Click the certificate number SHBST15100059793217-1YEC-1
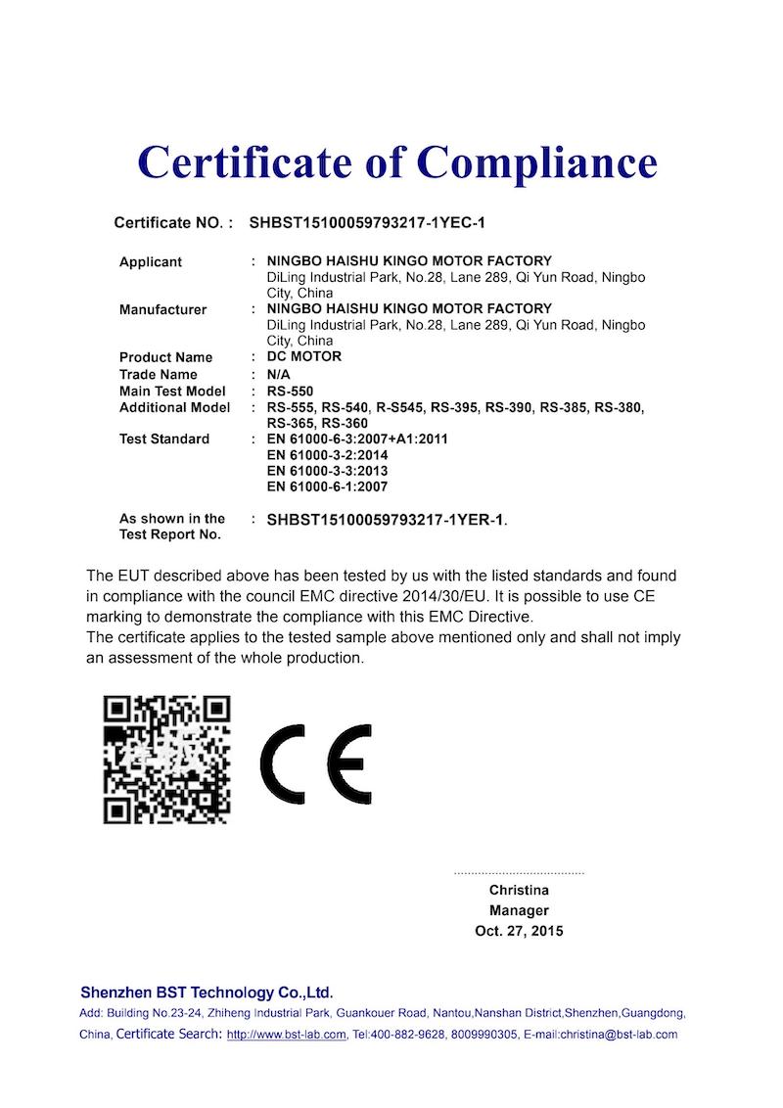[367, 222]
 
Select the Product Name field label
[165, 357]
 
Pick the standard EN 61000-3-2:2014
[327, 455]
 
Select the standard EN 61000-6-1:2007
[327, 486]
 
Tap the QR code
[167, 759]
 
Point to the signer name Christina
[519, 890]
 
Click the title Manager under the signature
[519, 910]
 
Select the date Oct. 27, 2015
[519, 931]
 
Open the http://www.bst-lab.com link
[286, 1035]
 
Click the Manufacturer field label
[162, 309]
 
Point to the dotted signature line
[519, 871]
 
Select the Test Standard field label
[164, 439]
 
